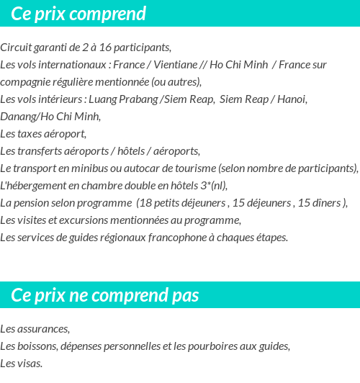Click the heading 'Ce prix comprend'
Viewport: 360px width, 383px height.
click(x=78, y=14)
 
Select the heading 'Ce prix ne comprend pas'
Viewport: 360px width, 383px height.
click(x=105, y=295)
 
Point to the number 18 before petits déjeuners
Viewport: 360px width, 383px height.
click(x=145, y=202)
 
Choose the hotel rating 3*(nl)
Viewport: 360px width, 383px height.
click(x=212, y=185)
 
